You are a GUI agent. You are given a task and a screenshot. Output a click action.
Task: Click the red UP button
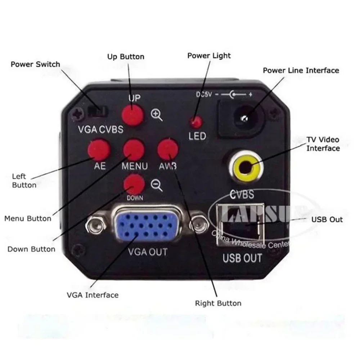point(132,114)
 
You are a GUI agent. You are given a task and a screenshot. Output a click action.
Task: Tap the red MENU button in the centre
point(134,150)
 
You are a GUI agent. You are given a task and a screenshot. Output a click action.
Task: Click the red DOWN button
point(134,185)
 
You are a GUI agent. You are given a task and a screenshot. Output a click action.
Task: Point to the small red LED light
point(196,123)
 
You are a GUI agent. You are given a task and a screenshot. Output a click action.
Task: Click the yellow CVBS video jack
point(246,167)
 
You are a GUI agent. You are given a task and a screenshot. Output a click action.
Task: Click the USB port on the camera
point(240,225)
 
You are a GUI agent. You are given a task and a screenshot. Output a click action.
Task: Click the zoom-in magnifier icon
point(157,115)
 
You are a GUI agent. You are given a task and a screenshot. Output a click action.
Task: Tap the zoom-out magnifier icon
point(157,185)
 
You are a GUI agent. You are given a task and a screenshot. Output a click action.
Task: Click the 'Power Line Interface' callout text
point(301,70)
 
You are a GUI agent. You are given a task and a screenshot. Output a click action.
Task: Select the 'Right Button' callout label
point(218,303)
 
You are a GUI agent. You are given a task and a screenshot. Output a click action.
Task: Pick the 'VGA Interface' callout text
point(93,295)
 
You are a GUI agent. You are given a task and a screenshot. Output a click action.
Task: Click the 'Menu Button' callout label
point(28,218)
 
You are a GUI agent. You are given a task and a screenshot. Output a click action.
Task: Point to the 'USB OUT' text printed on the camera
point(242,258)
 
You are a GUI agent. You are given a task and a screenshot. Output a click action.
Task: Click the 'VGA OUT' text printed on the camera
point(148,251)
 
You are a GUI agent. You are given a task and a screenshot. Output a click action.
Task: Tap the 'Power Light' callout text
point(209,56)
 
